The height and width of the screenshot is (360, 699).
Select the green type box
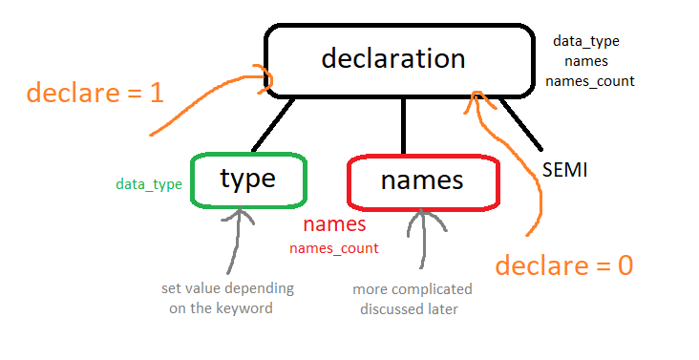248,180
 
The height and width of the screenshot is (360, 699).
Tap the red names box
422,180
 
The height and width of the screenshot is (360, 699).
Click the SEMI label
564,171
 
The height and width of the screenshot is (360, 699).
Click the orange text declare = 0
565,265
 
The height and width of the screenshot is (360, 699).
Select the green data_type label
149,184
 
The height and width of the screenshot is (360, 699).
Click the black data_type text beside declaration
586,41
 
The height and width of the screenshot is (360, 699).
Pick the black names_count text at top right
589,80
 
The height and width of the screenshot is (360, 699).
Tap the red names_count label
333,248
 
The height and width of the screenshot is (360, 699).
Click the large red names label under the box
334,226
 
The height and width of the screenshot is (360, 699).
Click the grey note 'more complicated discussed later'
412,297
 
